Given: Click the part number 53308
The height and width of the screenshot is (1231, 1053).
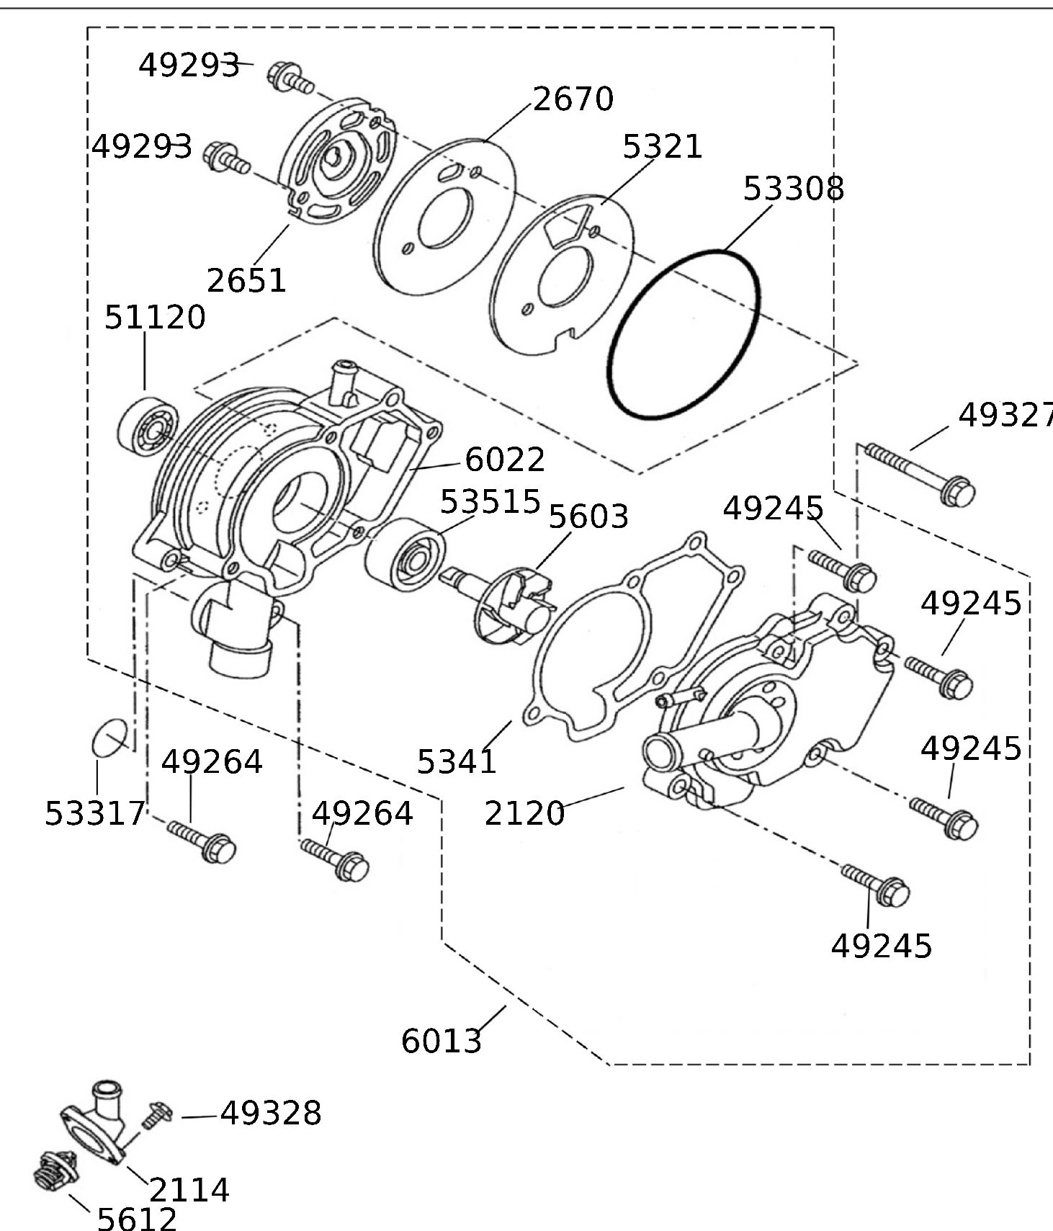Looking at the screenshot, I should click(x=793, y=189).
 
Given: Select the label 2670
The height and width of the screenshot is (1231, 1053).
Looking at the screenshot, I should click(x=573, y=99).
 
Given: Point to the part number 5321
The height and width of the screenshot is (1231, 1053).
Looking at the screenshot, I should click(x=662, y=147).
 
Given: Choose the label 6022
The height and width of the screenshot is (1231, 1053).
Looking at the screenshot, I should click(x=505, y=460).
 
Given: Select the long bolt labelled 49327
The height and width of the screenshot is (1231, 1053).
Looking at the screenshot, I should click(x=920, y=473).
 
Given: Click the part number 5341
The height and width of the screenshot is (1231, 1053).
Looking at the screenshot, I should click(x=457, y=761).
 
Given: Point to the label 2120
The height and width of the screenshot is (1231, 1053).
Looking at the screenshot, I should click(x=524, y=813).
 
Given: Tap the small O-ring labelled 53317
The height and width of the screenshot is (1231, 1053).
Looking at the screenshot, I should click(x=110, y=737).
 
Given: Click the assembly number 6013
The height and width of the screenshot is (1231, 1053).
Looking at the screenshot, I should click(x=441, y=1041).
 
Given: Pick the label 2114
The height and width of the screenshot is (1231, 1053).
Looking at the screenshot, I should click(x=189, y=1190).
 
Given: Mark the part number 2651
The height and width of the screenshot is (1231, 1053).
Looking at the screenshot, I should click(x=246, y=280).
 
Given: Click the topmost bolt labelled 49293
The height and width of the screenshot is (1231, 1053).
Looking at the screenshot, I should click(x=290, y=77).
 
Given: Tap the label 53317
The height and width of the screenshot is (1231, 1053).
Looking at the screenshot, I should click(x=95, y=814).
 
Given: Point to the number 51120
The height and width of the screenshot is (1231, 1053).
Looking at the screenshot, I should click(x=155, y=318).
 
